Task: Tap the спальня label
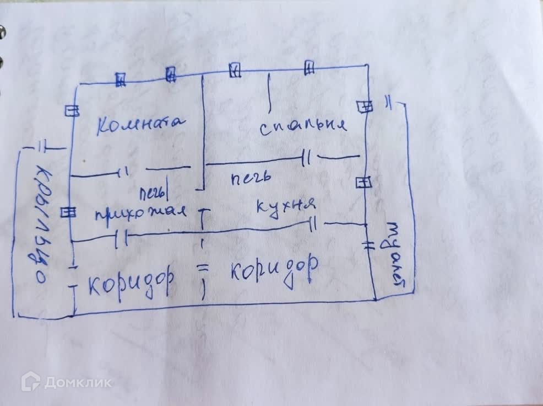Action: pyautogui.click(x=303, y=126)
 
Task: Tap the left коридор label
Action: pyautogui.click(x=132, y=282)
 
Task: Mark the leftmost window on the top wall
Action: pyautogui.click(x=121, y=80)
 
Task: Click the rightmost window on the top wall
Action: pyautogui.click(x=309, y=68)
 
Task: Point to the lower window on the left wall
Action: pyautogui.click(x=68, y=212)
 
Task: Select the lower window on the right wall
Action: pyautogui.click(x=363, y=182)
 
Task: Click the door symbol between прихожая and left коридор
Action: pyautogui.click(x=122, y=239)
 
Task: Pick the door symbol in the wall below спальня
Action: pyautogui.click(x=306, y=159)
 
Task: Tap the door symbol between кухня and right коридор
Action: pyautogui.click(x=314, y=225)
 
